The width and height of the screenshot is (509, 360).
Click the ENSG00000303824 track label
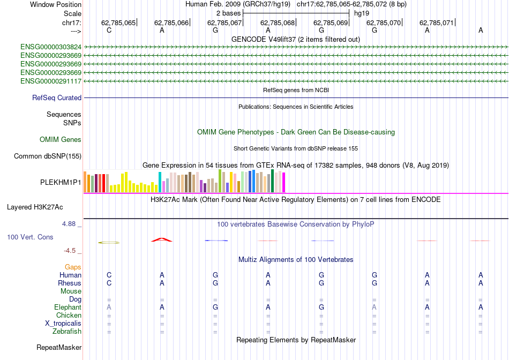coord(51,47)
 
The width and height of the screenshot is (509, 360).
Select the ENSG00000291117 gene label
coord(51,81)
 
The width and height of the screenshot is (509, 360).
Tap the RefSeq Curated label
coord(57,97)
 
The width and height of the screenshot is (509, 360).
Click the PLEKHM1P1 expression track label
coord(61,182)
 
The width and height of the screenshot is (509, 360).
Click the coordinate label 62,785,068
coord(278,23)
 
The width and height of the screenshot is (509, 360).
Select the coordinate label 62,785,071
coord(437,23)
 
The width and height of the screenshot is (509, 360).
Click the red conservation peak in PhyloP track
coord(162,239)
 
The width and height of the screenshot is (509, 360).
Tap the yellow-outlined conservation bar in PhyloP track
coord(109,243)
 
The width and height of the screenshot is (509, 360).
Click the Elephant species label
coord(68,307)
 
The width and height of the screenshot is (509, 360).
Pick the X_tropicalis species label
coord(63,324)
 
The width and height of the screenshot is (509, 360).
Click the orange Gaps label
coord(73,267)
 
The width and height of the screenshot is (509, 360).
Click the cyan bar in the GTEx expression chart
coord(160,183)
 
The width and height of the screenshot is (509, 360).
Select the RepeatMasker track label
coord(59,348)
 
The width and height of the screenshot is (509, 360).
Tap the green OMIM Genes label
coord(61,140)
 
